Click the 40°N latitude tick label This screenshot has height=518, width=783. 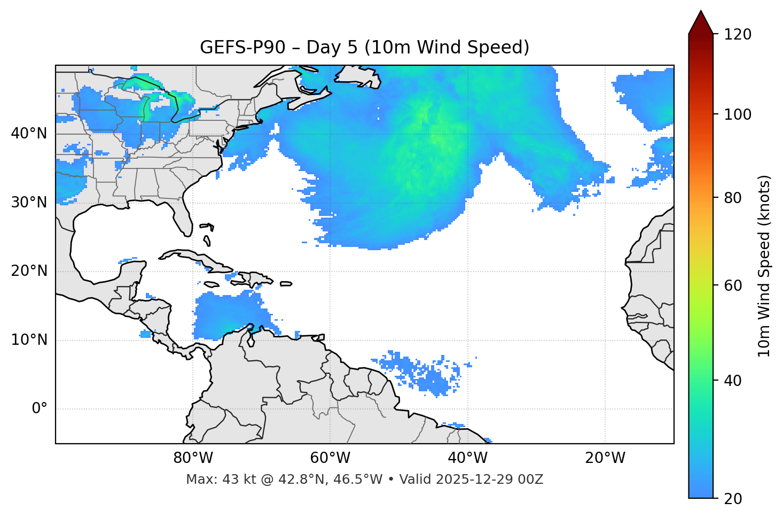pos(29,134)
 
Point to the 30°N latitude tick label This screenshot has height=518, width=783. pos(29,203)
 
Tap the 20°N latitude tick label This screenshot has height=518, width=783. pos(29,271)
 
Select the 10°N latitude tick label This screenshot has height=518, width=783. pos(29,340)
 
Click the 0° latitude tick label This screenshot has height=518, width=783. pos(40,409)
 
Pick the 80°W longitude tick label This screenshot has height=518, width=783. pos(193,458)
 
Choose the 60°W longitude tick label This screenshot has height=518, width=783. pos(330,458)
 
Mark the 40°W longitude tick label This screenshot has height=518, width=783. pos(467,458)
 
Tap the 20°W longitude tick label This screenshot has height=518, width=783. pos(605,458)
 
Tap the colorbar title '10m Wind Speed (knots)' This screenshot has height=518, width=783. pos(764,266)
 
